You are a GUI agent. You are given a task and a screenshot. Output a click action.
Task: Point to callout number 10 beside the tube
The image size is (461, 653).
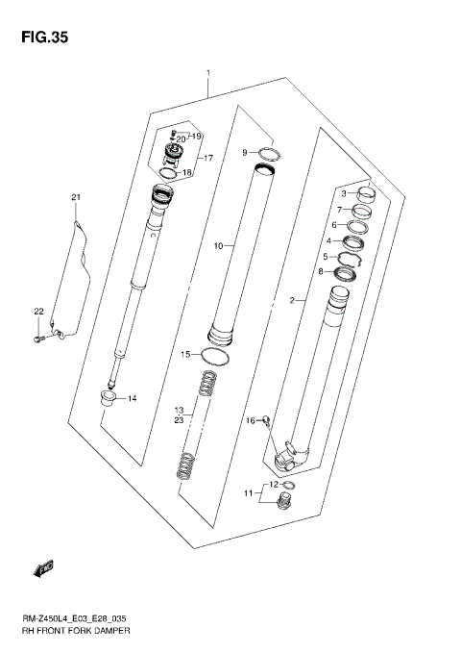tap(218, 246)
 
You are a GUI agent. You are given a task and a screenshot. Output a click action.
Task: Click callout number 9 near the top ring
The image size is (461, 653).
tap(245, 152)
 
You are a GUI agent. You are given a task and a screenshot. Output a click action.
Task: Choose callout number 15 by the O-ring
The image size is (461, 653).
tap(186, 355)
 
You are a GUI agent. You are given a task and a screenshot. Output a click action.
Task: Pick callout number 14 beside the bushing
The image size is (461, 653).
tap(133, 398)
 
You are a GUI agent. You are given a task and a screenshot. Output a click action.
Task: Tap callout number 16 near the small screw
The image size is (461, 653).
tap(250, 420)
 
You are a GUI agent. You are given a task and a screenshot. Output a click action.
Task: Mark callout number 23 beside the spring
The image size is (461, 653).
tap(179, 420)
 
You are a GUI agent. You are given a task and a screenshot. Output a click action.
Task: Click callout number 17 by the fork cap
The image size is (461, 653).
tap(206, 157)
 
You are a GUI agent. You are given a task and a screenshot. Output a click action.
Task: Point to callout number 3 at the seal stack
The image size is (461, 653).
tap(345, 193)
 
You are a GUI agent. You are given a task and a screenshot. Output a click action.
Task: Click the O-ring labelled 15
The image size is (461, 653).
tap(218, 357)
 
